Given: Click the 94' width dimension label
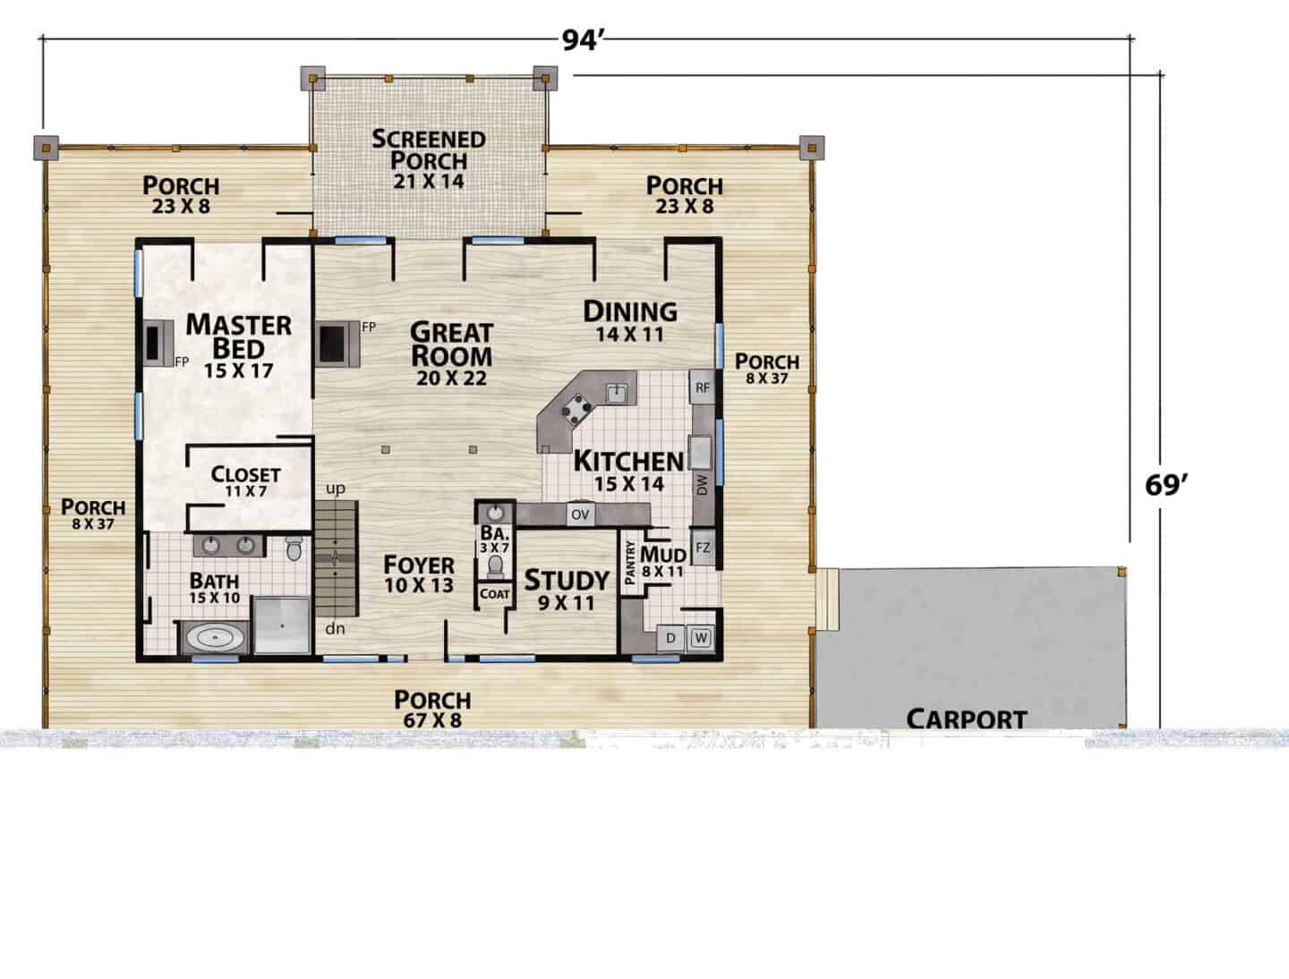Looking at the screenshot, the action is pyautogui.click(x=583, y=40).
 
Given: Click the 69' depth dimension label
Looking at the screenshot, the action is pyautogui.click(x=1165, y=485).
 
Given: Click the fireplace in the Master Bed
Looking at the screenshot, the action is pyautogui.click(x=158, y=344).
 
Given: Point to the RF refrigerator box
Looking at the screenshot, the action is pyautogui.click(x=703, y=387).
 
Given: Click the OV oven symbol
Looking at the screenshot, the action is pyautogui.click(x=580, y=515).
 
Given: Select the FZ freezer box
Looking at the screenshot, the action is pyautogui.click(x=703, y=549).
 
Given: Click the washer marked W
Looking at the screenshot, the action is pyautogui.click(x=701, y=637).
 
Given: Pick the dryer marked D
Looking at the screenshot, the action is pyautogui.click(x=670, y=637).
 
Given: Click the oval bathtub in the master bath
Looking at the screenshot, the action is pyautogui.click(x=214, y=637).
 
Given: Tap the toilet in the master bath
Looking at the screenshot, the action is pyautogui.click(x=294, y=549).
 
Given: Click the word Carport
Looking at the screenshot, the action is pyautogui.click(x=967, y=719).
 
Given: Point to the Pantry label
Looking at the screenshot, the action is pyautogui.click(x=630, y=563).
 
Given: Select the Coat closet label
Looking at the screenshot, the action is pyautogui.click(x=494, y=594).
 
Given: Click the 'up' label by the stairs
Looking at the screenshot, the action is pyautogui.click(x=336, y=489).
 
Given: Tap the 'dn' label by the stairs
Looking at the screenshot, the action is pyautogui.click(x=335, y=628).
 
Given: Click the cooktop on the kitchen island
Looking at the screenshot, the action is pyautogui.click(x=576, y=408).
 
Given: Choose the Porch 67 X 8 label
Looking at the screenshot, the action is pyautogui.click(x=432, y=709).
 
